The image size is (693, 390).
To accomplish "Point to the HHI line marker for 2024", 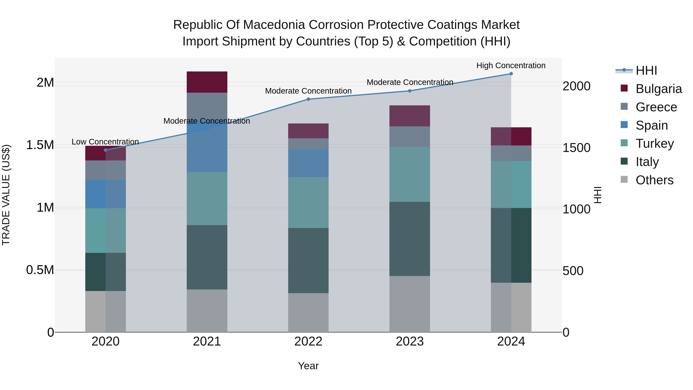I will [511, 74].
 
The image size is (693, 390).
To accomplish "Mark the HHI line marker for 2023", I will [410, 91].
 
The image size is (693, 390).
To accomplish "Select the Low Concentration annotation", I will [105, 142].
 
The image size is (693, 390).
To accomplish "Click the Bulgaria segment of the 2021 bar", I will [207, 82].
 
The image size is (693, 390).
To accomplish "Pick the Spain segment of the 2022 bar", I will [308, 163].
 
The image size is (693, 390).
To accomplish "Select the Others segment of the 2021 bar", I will [207, 311].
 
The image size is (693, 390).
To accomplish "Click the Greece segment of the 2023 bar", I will [410, 137].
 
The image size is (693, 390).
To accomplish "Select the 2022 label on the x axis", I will [308, 341].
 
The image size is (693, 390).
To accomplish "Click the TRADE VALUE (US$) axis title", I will [6, 195].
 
